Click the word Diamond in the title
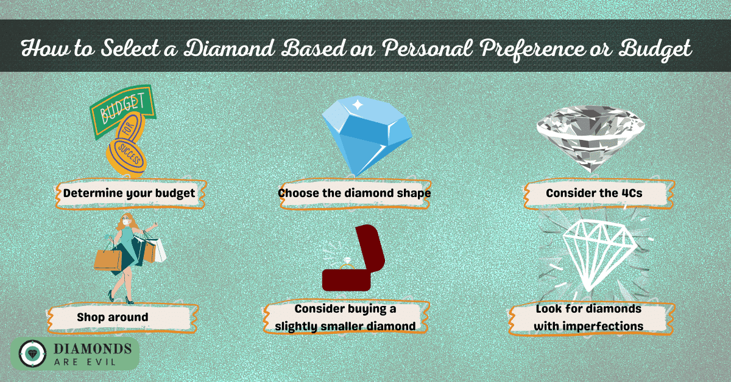(229, 48)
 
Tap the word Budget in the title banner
(655, 49)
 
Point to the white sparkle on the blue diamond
(358, 105)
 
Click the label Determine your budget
(129, 193)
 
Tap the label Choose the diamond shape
(355, 193)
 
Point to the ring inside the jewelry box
(347, 263)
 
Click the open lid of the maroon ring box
(371, 248)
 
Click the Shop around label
(113, 317)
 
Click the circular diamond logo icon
(32, 353)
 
